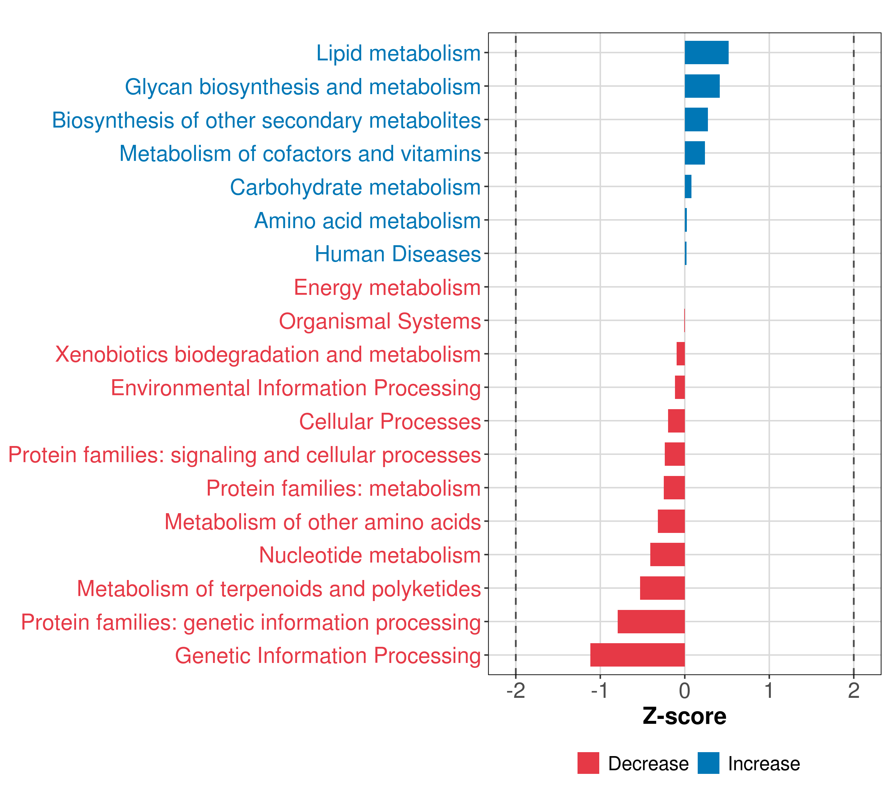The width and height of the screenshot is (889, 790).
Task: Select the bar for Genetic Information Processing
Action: point(637,655)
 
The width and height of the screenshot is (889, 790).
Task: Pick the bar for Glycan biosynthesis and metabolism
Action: point(702,86)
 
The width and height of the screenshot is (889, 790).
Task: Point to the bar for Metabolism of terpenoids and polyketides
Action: point(662,588)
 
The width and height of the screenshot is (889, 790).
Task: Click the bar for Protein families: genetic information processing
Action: point(651,621)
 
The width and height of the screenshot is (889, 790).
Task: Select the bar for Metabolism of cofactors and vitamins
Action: point(695,153)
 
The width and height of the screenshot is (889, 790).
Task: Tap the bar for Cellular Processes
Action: point(676,421)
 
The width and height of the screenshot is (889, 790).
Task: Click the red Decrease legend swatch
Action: point(588,763)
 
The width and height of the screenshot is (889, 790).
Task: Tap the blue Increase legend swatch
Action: point(709,763)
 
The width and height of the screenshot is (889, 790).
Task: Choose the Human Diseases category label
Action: point(397,254)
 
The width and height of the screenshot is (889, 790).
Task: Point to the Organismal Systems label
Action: point(380,322)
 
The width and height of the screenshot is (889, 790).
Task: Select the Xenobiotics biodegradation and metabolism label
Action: point(268,355)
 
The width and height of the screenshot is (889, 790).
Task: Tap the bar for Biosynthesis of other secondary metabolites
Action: point(696,119)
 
